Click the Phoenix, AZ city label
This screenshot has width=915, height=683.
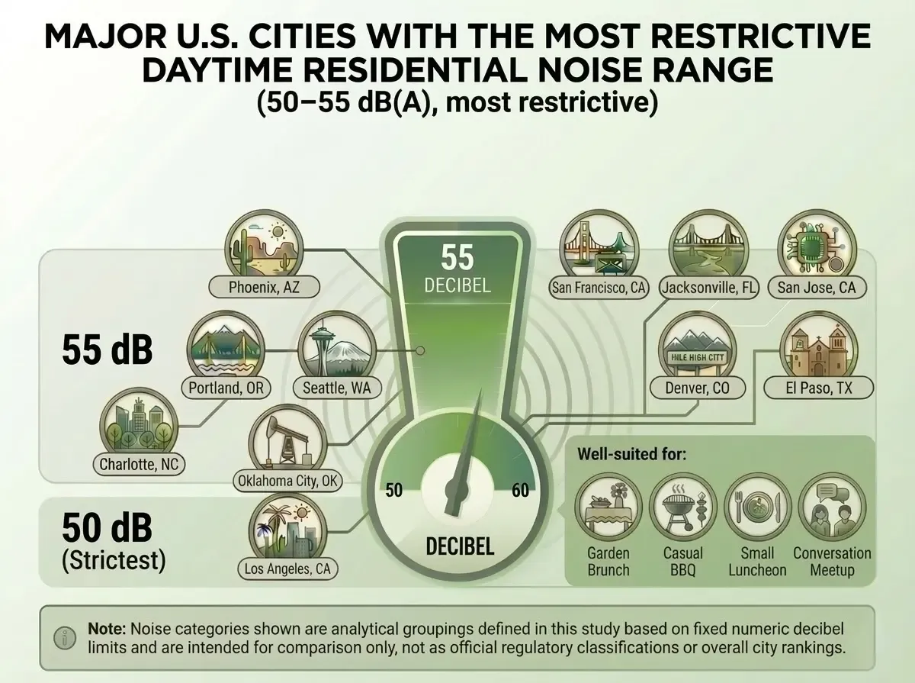coord(264,288)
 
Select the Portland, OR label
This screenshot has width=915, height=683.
coord(226,388)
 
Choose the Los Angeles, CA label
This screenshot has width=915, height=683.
coord(287,568)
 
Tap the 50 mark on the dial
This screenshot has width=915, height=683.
coord(393,491)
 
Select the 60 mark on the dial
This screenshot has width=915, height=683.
coord(520,491)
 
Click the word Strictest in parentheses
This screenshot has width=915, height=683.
coord(113,561)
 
